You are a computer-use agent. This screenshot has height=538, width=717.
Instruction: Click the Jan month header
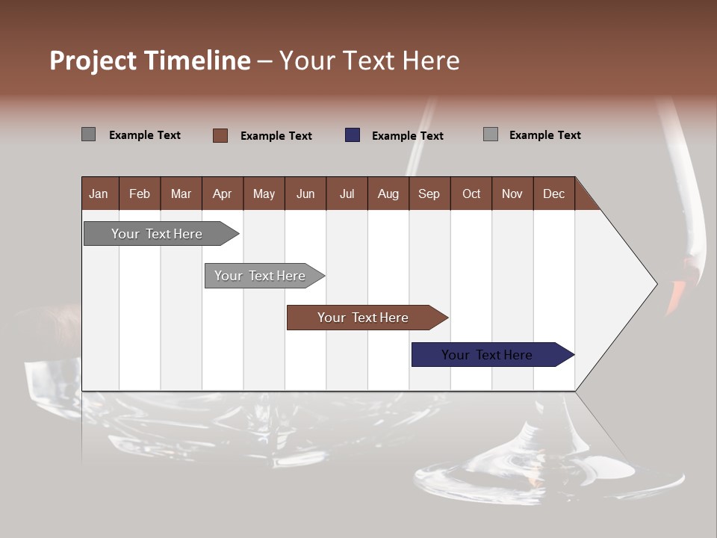coord(99,194)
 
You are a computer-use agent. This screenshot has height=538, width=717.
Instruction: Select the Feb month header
coord(140,194)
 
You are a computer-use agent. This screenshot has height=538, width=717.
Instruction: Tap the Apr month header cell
coord(223,194)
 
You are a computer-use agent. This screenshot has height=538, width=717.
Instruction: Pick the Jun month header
coord(305,194)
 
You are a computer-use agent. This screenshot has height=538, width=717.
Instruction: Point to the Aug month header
coord(388,194)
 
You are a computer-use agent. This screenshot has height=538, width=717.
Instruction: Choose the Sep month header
coord(429,194)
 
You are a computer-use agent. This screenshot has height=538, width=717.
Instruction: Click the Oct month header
coord(471,194)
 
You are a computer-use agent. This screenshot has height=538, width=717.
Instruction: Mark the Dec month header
coord(554,194)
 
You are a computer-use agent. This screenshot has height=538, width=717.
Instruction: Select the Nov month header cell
coord(512,194)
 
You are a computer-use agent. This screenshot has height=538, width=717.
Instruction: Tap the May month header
coord(264,194)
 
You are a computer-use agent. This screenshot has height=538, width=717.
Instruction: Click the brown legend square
coord(220,135)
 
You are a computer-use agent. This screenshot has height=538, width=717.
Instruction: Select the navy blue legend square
coord(353,135)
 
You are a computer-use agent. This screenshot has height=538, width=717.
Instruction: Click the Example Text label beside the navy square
coord(407,136)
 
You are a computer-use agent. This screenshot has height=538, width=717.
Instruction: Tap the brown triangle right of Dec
coord(584,200)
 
